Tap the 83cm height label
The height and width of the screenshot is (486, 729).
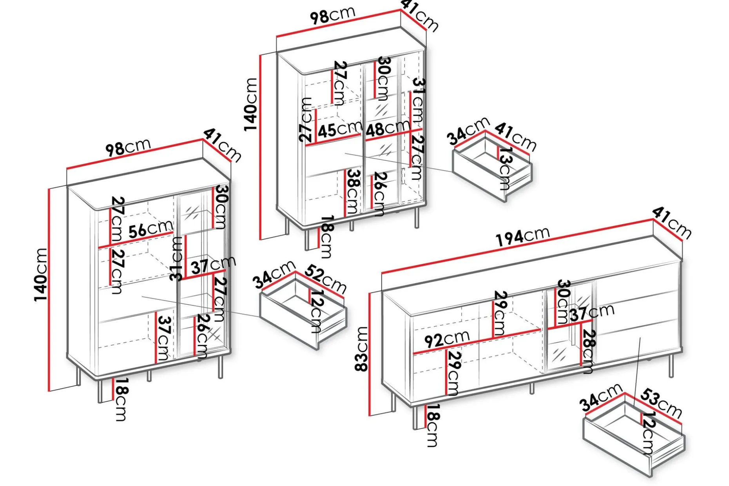361,348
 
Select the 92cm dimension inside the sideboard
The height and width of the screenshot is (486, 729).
447,339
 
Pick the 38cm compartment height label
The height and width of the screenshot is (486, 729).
352,191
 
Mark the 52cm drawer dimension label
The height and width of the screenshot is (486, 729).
326,279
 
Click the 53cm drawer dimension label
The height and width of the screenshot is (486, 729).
661,403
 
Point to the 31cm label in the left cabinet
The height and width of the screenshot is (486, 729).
177,259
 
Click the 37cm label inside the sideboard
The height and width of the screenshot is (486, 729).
592,312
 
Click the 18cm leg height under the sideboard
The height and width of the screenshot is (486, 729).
432,425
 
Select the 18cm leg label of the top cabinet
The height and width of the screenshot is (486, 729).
326,237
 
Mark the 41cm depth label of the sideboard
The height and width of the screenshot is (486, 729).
672,223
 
